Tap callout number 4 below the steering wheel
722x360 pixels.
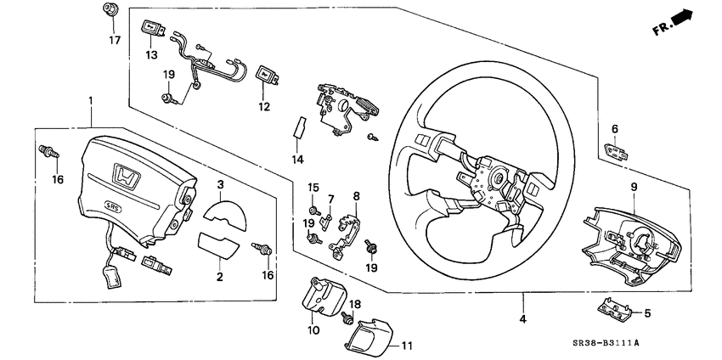(523, 319)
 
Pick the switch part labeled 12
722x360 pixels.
(266, 76)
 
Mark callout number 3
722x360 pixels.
(220, 184)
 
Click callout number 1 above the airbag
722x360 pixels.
(90, 101)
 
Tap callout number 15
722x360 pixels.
(313, 187)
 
